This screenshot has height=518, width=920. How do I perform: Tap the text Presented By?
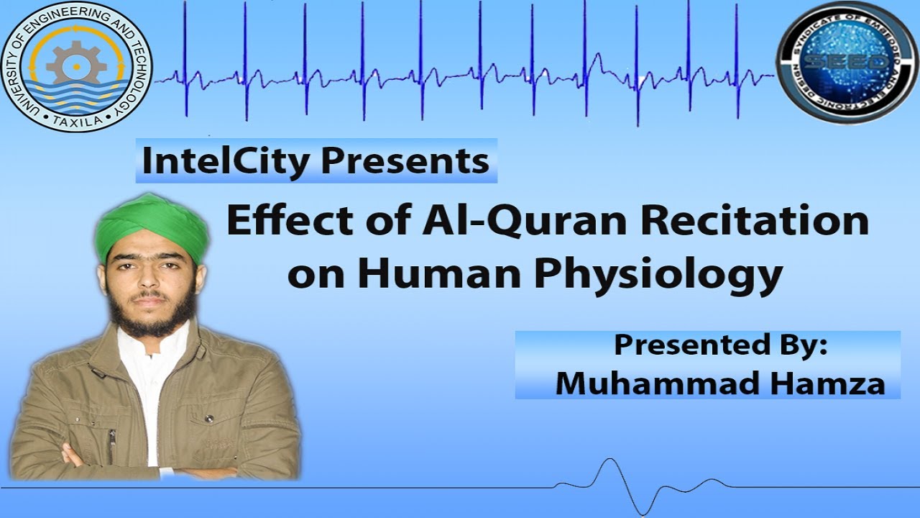click(x=721, y=345)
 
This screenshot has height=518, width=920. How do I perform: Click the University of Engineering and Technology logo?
click(x=76, y=67)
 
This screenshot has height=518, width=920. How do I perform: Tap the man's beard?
click(x=153, y=317)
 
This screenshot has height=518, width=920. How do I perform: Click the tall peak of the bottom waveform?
click(x=610, y=460)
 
